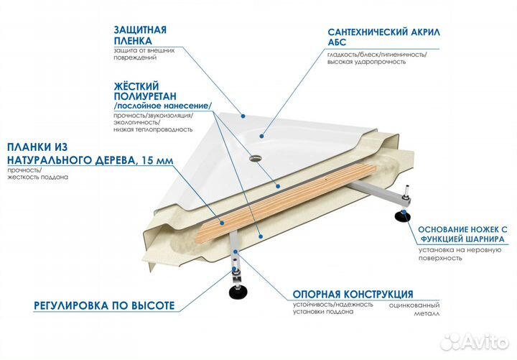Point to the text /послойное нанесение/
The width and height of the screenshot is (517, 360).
coord(162,106)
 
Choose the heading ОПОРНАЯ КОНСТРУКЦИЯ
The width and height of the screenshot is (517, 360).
coord(352,295)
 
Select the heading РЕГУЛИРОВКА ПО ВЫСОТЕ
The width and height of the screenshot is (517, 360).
coord(104,305)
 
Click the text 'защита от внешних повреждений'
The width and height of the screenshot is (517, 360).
coord(144,55)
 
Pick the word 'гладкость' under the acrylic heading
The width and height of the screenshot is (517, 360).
coord(343,55)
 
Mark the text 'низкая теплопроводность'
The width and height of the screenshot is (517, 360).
coord(153,129)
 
